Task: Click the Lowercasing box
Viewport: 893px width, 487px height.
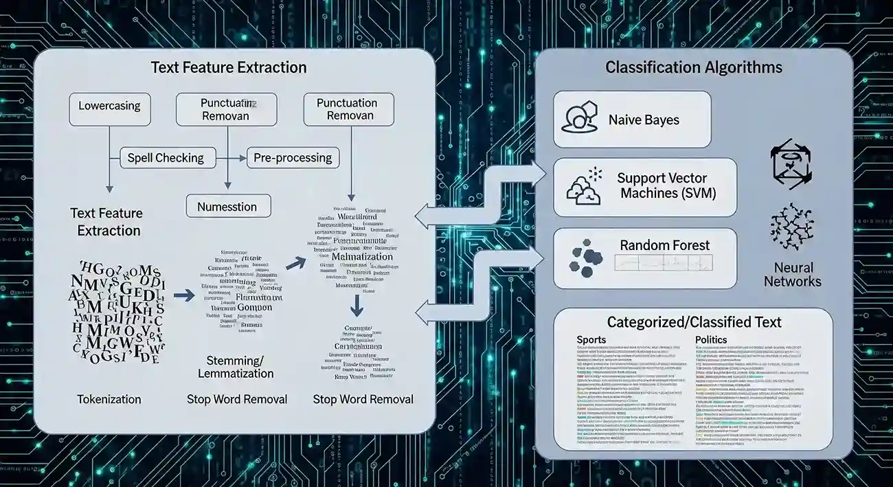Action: point(109,106)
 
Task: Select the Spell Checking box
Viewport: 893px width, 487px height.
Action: point(166,158)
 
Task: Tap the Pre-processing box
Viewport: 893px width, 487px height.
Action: point(293,158)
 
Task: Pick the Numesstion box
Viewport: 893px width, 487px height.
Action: point(227,206)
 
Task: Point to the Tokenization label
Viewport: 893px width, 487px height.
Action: point(109,399)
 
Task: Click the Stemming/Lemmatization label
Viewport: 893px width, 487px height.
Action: point(236,367)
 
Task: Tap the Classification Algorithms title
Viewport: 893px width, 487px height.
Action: point(693,67)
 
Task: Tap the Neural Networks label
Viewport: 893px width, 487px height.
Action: point(792,274)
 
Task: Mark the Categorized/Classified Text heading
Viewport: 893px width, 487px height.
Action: point(694,322)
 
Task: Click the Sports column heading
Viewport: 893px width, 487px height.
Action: point(591,340)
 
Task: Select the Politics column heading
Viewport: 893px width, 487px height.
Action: point(711,340)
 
